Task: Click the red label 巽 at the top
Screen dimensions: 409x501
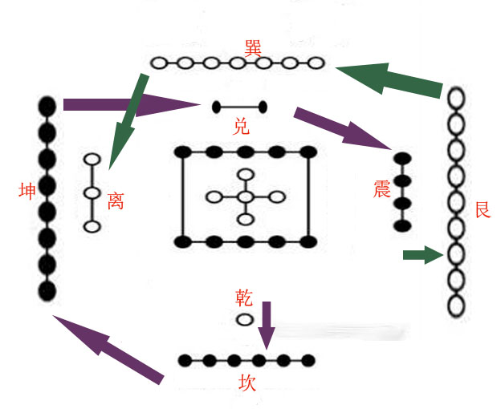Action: tap(255, 46)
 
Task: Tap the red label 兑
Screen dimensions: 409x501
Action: tap(241, 126)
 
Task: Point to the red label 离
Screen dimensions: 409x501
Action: tap(116, 200)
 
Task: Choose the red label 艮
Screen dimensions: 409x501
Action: tap(483, 211)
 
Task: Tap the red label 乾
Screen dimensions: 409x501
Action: tap(244, 299)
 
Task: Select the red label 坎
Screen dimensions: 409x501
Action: tap(247, 383)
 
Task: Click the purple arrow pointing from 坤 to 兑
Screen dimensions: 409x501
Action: tap(128, 104)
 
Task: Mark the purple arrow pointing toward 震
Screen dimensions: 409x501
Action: tap(342, 128)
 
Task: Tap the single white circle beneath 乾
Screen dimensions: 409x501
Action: tap(244, 320)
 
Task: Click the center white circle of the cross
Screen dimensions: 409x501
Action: tap(246, 197)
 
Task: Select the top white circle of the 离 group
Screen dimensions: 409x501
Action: tap(92, 160)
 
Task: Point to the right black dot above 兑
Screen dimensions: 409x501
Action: tap(263, 107)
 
